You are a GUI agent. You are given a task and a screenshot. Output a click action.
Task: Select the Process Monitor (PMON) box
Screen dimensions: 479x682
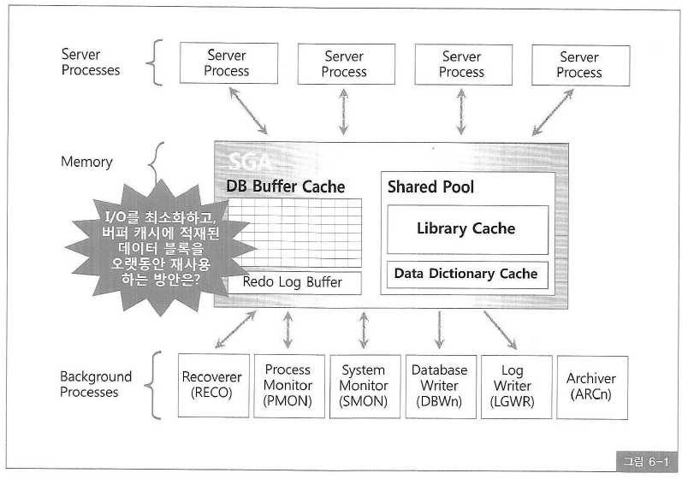[288, 386]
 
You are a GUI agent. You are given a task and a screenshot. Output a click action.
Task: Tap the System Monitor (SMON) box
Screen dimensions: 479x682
[364, 386]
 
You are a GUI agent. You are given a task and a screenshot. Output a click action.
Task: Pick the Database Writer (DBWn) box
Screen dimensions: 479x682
[439, 386]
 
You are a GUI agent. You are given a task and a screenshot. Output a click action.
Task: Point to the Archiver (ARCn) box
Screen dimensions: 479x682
[591, 386]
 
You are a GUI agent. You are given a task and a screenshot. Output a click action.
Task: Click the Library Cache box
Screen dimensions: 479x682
[466, 228]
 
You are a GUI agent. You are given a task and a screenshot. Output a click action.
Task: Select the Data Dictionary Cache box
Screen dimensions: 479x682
[466, 275]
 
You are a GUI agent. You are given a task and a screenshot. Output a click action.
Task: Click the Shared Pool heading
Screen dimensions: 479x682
[430, 186]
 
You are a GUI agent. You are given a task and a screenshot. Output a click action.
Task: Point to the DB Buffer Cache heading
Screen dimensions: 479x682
[285, 186]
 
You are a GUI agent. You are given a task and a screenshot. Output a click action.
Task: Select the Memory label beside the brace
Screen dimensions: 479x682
[86, 161]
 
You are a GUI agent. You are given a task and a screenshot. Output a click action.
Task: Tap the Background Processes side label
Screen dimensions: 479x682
[96, 384]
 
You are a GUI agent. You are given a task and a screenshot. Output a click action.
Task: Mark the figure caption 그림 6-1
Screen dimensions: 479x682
[645, 462]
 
